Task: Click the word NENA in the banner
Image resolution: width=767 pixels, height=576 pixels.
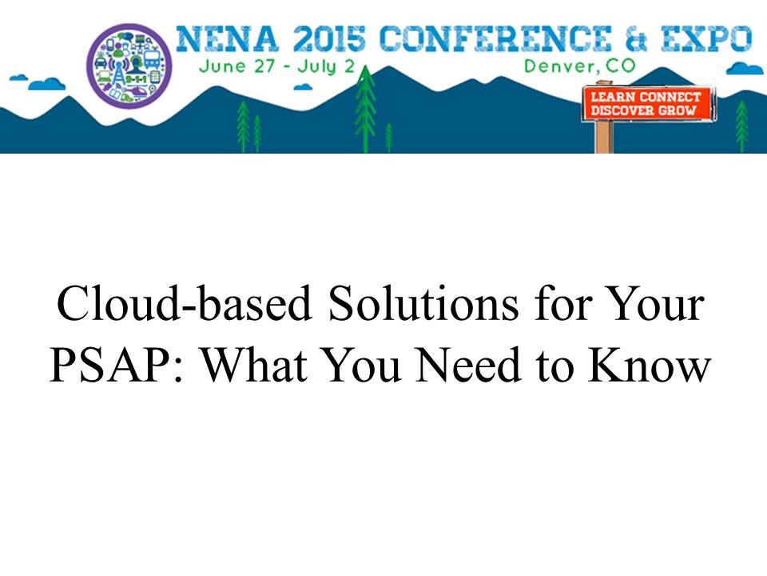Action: tap(228, 38)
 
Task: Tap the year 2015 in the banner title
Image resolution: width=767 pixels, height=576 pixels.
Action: tap(329, 38)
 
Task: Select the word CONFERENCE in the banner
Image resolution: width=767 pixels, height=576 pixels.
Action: tap(495, 38)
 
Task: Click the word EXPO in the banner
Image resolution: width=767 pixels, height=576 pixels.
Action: tap(707, 38)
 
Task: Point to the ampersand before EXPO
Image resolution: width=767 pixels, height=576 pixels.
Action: tap(636, 39)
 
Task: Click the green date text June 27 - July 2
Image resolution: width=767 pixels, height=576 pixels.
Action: tap(277, 66)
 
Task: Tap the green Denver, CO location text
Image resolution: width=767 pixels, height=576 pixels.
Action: tap(579, 66)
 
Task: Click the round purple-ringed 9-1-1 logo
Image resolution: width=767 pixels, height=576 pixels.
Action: tap(129, 66)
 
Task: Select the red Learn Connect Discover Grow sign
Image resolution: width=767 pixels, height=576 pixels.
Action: tap(648, 103)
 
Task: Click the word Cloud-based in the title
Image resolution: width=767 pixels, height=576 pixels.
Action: tap(184, 304)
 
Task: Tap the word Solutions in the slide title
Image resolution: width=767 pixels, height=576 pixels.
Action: tap(423, 304)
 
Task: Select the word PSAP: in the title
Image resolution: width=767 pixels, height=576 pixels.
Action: tap(117, 365)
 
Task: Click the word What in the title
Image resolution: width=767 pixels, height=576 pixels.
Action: tap(255, 365)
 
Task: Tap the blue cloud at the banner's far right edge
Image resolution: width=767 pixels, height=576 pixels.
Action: tap(744, 69)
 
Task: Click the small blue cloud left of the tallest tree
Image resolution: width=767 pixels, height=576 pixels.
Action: tap(303, 87)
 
